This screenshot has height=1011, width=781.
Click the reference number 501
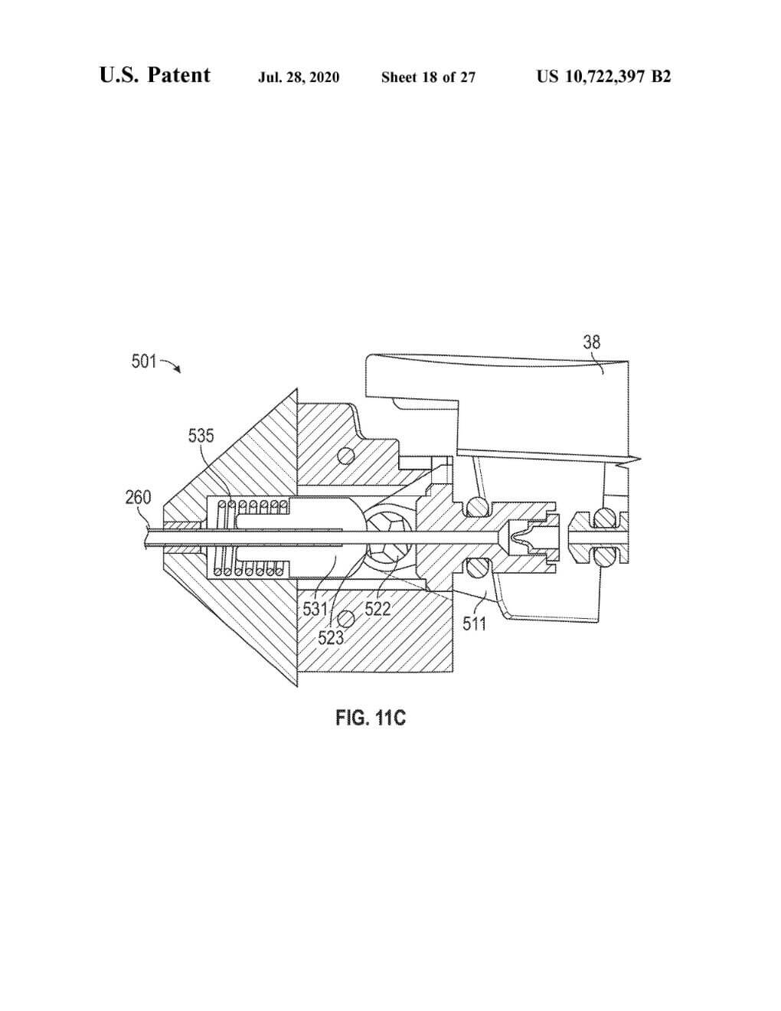[144, 361]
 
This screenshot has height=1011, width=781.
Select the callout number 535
[201, 436]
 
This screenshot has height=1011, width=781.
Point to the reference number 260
[138, 497]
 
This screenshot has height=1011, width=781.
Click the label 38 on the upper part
[592, 342]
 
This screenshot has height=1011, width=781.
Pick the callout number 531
[315, 609]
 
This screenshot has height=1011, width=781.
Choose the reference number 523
[331, 637]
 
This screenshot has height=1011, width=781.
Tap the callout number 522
[377, 609]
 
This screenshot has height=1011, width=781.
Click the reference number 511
[474, 623]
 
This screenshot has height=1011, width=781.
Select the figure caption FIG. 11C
[371, 718]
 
